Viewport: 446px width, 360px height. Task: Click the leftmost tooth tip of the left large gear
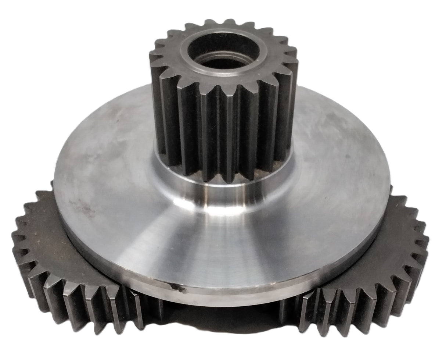point(15,235)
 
